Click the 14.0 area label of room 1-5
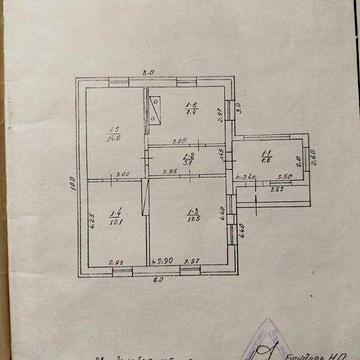[115, 137]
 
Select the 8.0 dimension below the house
[157, 280]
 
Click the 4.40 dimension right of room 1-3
[243, 229]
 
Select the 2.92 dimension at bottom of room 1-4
[116, 262]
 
